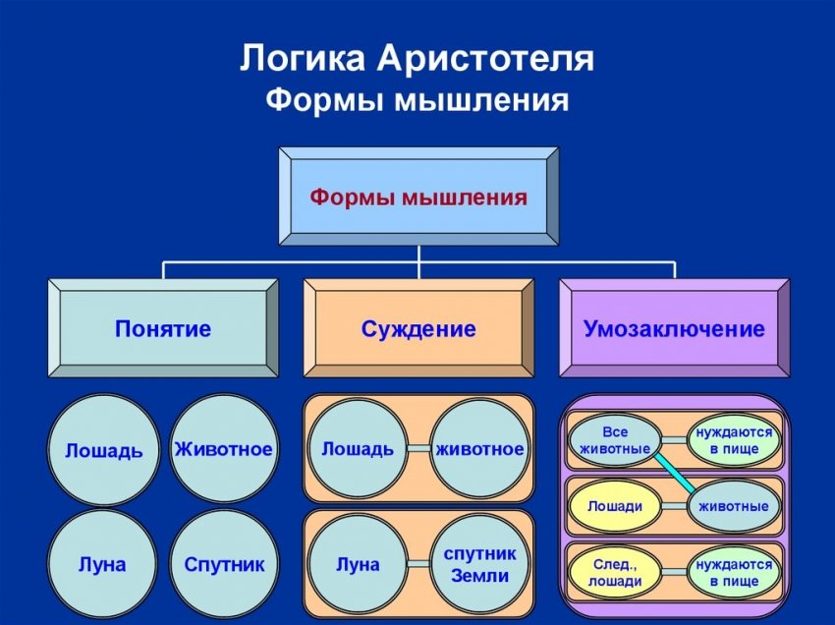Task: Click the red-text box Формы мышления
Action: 418,197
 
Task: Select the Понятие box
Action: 163,328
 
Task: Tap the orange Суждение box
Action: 418,328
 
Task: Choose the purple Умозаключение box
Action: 674,328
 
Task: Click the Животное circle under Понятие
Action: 223,449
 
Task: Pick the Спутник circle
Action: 223,565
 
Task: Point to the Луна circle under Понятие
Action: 102,565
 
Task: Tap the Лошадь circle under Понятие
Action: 103,450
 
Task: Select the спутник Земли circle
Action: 479,565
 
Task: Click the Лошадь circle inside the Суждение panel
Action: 358,449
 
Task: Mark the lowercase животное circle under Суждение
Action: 479,449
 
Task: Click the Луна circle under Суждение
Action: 358,565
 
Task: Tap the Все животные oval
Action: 615,440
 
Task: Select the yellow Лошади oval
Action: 615,506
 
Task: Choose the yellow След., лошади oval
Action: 615,572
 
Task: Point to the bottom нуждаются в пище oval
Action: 734,572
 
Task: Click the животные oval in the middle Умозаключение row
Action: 734,506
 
